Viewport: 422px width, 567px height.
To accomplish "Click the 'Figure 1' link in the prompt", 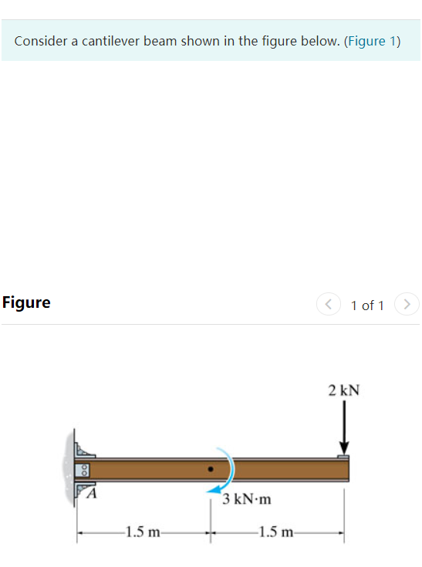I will (373, 41).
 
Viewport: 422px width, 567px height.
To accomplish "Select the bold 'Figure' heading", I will (26, 302).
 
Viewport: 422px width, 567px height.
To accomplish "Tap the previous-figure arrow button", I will (327, 305).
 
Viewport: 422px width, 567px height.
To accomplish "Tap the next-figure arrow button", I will (407, 305).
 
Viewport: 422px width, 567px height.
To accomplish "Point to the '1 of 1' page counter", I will (367, 305).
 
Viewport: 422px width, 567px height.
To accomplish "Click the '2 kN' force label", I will (343, 390).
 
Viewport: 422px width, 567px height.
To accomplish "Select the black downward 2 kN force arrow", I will (344, 429).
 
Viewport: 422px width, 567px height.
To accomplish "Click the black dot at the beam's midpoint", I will (210, 468).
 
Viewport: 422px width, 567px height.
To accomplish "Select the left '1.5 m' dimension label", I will (143, 532).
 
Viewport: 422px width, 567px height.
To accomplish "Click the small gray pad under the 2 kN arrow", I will (343, 457).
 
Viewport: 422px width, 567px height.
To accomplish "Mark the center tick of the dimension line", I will (210, 532).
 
